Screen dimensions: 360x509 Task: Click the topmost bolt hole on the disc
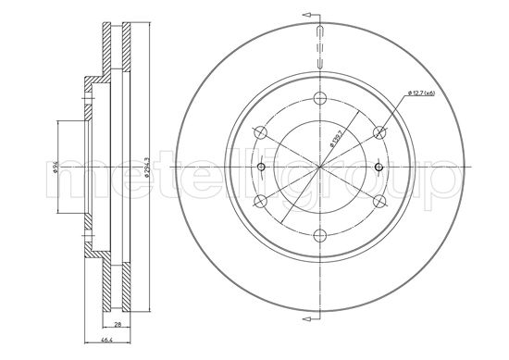coord(319,100)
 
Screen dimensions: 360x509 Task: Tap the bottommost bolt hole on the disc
coord(319,234)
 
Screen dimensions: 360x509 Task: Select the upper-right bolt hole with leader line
coord(378,133)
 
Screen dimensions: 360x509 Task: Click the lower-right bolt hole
coord(378,201)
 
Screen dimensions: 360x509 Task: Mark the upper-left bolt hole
coord(261,133)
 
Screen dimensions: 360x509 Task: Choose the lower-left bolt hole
coord(261,201)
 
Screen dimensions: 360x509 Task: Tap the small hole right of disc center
coord(379,168)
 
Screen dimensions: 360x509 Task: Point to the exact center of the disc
coord(319,168)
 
